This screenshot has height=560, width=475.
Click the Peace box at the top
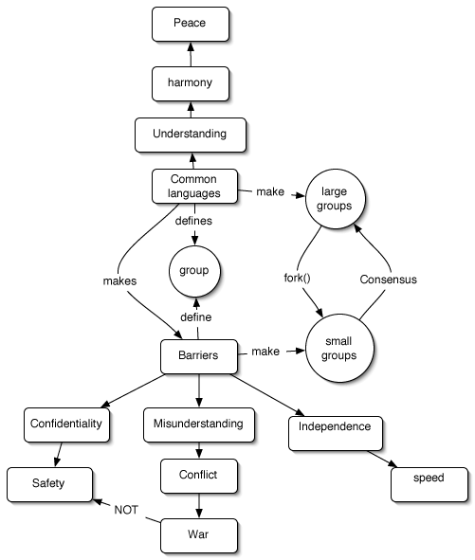[191, 23]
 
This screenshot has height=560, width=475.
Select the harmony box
[191, 82]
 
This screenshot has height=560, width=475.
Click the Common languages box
[194, 186]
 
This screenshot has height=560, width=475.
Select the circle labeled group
[194, 271]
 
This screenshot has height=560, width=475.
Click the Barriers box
[198, 355]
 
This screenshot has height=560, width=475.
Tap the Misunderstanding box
[198, 424]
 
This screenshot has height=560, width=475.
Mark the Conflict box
[198, 477]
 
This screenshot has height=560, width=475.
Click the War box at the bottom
[198, 534]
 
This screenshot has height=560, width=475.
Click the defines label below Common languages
[194, 221]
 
